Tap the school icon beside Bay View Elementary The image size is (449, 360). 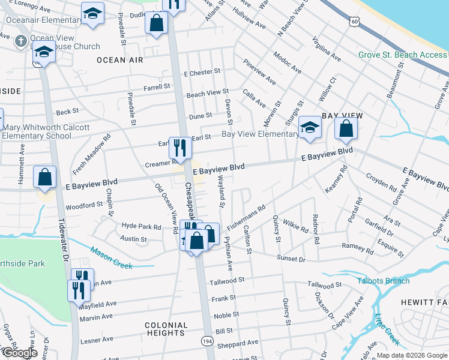click(310, 127)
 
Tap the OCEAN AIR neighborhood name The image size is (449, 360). click(120, 60)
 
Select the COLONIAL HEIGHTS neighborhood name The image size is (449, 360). click(165, 329)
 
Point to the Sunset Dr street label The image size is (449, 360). click(291, 258)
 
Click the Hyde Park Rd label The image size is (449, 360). click(142, 227)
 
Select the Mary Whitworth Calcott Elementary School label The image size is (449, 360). click(46, 131)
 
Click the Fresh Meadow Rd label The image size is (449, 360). click(91, 155)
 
